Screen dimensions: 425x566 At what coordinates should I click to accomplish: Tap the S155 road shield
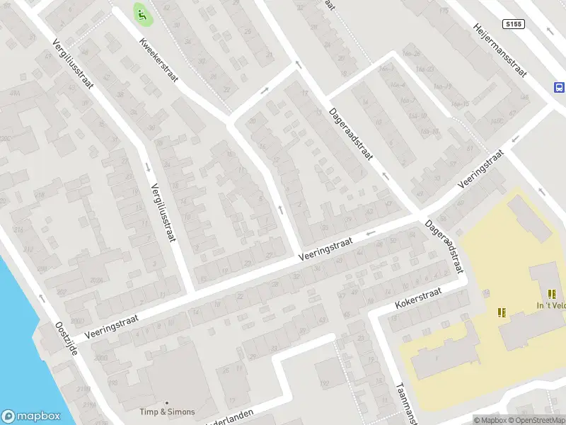[514, 24]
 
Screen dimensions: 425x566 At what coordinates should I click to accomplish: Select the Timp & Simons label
[167, 412]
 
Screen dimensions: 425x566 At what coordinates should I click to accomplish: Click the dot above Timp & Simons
[167, 402]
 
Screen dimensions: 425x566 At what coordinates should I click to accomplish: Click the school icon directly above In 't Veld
[552, 294]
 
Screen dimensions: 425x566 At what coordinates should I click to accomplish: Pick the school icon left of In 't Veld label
[502, 312]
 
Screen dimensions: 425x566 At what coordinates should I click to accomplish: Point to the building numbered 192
[325, 384]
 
